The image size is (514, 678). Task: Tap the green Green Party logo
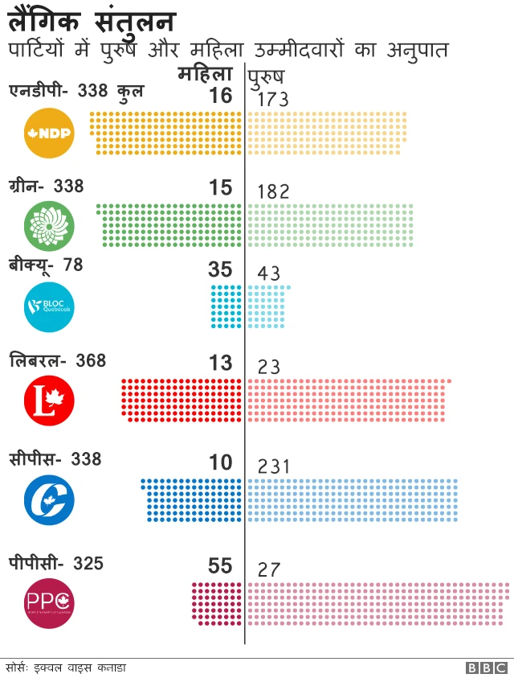[x=50, y=226]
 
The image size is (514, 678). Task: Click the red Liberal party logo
[x=50, y=401]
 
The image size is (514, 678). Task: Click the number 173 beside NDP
[x=273, y=100]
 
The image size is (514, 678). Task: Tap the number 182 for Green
[x=273, y=191]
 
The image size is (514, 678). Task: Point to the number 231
[x=273, y=467]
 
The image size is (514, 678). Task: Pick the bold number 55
[x=220, y=566]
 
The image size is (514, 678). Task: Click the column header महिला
[x=206, y=75]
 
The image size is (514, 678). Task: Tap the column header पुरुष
[x=264, y=76]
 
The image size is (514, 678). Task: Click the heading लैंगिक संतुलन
[x=93, y=20]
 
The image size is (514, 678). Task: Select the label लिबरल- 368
[x=57, y=360]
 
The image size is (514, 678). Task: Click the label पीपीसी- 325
[x=56, y=563]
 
